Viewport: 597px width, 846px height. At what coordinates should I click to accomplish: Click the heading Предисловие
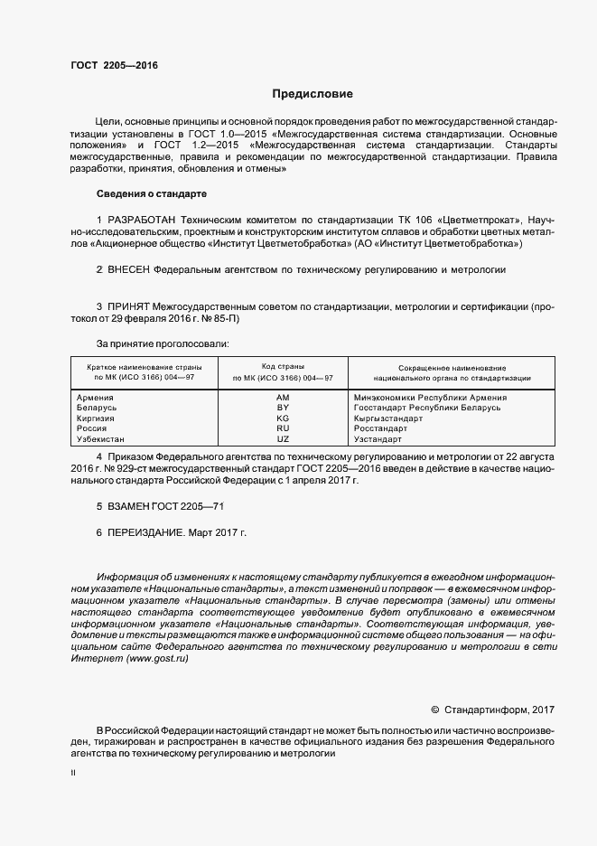pos(312,94)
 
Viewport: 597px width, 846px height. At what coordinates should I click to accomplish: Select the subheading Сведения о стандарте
pos(152,193)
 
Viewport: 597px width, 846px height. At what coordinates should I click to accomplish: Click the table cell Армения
pos(95,398)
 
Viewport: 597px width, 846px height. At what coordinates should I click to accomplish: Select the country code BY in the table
pos(283,408)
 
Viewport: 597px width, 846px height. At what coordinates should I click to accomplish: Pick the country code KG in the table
pos(283,418)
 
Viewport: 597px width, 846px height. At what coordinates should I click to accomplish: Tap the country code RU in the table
pos(283,429)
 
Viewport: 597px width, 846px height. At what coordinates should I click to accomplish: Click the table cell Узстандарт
pos(378,439)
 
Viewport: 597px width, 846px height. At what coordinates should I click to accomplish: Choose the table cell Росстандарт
pos(381,429)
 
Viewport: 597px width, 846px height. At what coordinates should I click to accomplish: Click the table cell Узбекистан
pos(102,439)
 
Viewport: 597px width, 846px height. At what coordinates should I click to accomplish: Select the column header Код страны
pos(282,366)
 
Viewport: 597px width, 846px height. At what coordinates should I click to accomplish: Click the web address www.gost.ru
pos(158,659)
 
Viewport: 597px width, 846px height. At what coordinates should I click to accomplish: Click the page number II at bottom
pos(73,774)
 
